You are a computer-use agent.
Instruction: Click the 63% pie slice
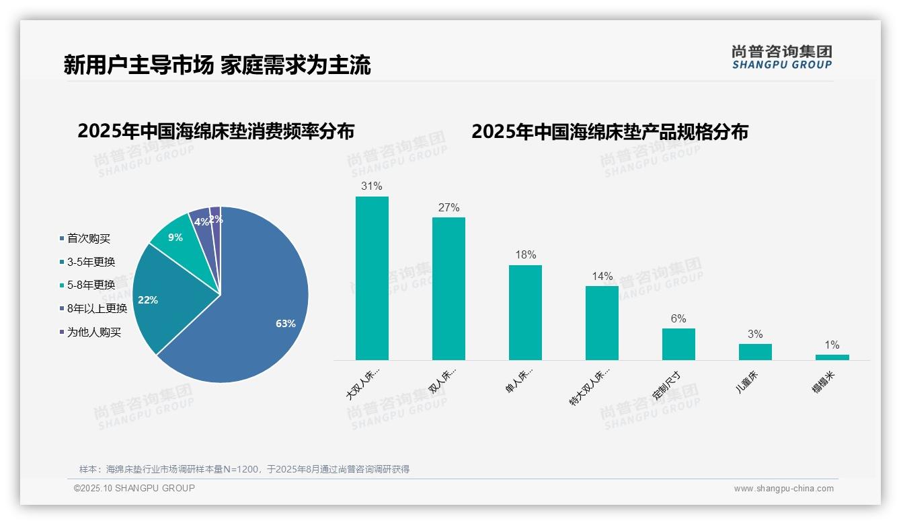click(x=256, y=316)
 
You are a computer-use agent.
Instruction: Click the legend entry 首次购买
click(x=88, y=238)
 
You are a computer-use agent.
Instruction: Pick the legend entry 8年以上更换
click(x=96, y=309)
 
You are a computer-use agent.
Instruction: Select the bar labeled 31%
click(x=372, y=278)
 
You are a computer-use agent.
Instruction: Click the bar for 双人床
click(x=448, y=289)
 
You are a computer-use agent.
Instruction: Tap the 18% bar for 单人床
click(x=525, y=312)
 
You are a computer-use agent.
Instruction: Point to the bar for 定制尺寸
click(x=678, y=344)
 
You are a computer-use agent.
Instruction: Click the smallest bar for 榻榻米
click(x=832, y=357)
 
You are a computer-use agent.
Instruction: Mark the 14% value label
click(x=602, y=276)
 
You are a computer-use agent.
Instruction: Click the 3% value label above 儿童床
click(x=755, y=335)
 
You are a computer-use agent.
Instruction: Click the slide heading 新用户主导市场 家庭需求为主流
click(x=217, y=65)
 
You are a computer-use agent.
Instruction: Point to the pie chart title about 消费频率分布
click(x=216, y=131)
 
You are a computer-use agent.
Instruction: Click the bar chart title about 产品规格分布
click(x=609, y=131)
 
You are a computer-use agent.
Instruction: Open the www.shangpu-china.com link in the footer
click(x=783, y=489)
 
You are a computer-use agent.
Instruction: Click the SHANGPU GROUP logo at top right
click(x=781, y=57)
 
